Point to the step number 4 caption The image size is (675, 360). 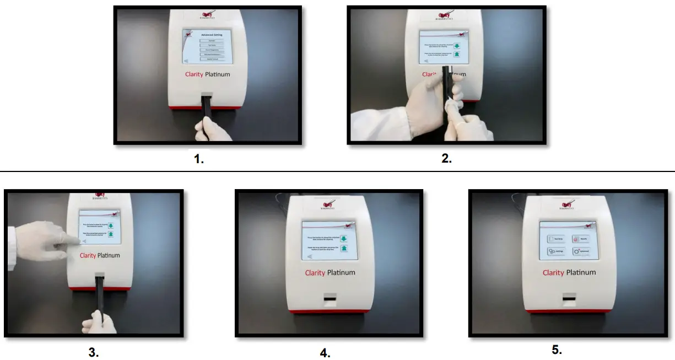tap(325, 353)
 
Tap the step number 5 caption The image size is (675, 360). tap(557, 350)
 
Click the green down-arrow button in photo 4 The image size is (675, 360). tap(343, 238)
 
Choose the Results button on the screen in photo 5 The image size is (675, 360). tap(582, 239)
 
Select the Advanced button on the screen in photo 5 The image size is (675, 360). tap(582, 251)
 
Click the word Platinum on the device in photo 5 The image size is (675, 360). tap(580, 272)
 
